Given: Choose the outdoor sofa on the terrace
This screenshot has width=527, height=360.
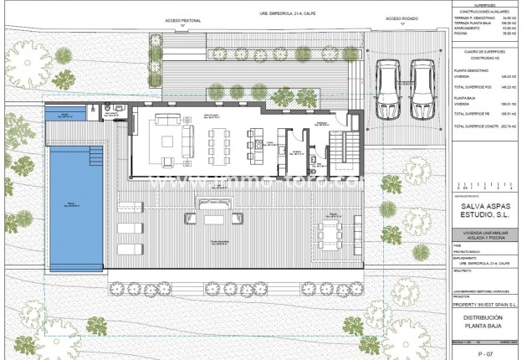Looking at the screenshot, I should pyautogui.click(x=213, y=204).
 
